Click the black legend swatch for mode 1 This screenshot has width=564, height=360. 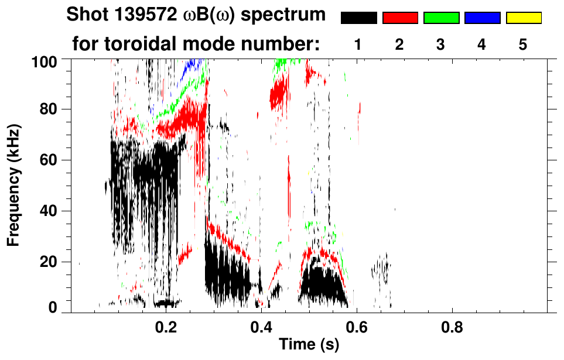[x=359, y=18]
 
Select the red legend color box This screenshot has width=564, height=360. [x=400, y=18]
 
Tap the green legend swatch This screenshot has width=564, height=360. [x=441, y=18]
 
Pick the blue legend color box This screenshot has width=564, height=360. [x=482, y=18]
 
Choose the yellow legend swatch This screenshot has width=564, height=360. [x=523, y=18]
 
